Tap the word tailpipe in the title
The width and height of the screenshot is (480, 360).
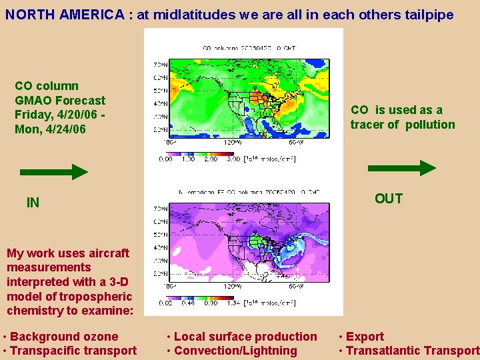(430, 15)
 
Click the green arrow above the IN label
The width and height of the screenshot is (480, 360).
(53, 172)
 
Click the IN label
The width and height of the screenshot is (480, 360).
(33, 203)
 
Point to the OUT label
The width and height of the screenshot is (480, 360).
(388, 199)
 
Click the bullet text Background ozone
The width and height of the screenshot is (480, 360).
(64, 337)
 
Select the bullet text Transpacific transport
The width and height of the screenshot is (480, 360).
(73, 351)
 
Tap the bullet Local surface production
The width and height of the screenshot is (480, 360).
(245, 337)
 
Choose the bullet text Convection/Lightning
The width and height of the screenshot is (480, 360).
(235, 351)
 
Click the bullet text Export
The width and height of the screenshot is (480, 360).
(365, 337)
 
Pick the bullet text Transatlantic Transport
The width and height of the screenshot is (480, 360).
(412, 351)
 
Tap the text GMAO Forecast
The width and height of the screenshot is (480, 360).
(60, 101)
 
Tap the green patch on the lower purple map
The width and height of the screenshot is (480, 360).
(257, 239)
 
